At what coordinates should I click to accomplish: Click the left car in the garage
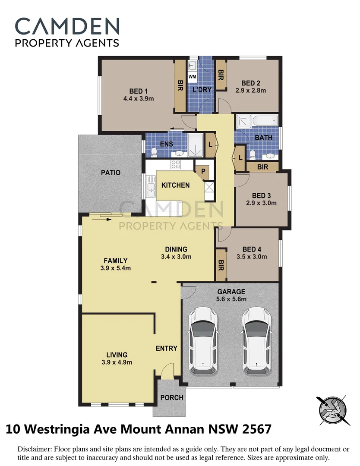pos(203,340)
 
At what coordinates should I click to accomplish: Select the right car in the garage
pos(256,340)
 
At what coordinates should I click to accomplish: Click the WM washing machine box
pos(193,76)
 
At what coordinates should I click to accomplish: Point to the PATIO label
pos(111,173)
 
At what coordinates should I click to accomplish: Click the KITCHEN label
pos(175,185)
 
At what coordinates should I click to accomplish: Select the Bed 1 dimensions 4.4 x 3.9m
pos(139,98)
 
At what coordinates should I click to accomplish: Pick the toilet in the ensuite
pos(154,151)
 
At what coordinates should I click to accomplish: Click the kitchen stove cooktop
pos(176,164)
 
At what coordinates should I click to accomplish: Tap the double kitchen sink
pos(151,188)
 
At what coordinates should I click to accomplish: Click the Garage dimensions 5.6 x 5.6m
pos(231,299)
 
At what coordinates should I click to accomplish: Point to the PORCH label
pos(171,397)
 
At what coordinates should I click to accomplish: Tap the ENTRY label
pos(167,348)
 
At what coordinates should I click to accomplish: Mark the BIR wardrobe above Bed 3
pos(262,167)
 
